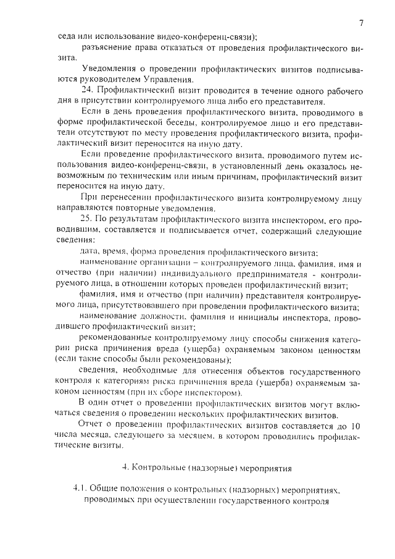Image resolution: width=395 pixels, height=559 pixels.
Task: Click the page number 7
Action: [360, 23]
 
